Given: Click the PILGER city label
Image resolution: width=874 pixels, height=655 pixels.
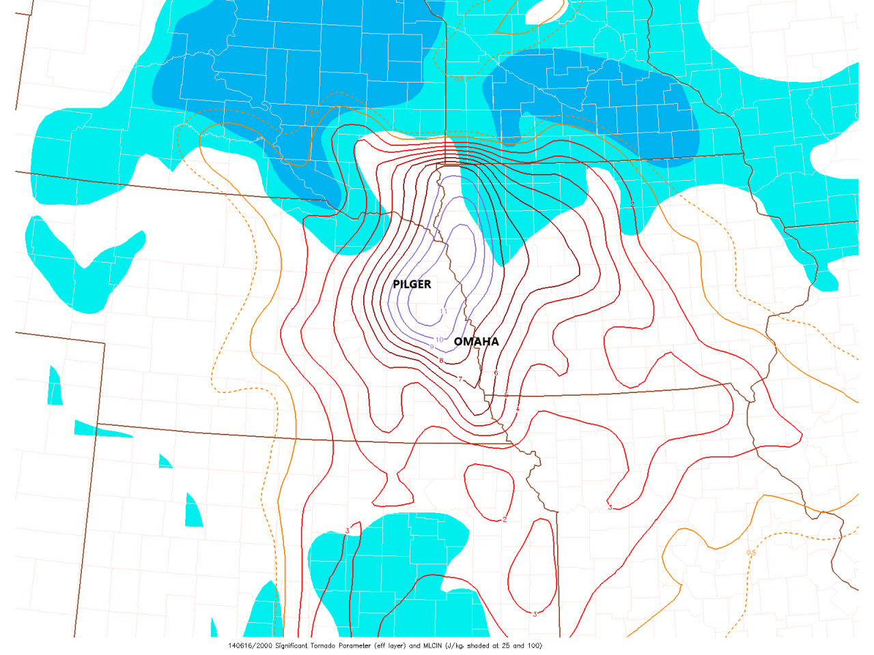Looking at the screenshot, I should (x=412, y=284).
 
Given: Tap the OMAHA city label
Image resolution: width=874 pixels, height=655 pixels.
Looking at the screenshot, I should (x=476, y=341).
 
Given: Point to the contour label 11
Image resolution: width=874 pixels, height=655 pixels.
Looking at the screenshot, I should (x=444, y=312).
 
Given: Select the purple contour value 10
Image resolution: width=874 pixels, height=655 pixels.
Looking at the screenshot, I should (x=439, y=339).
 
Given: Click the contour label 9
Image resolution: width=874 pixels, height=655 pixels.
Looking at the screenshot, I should (x=432, y=347).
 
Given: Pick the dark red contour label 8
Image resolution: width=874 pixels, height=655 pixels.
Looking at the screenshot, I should (x=441, y=360).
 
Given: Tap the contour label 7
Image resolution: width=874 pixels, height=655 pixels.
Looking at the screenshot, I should (x=460, y=379).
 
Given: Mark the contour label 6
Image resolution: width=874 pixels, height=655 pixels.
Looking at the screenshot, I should (x=496, y=373).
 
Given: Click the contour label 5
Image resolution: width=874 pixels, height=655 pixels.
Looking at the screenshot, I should (x=506, y=395).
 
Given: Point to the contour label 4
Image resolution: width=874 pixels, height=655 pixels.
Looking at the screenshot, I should (x=518, y=408).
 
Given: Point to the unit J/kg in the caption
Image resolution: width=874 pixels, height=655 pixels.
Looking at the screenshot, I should (x=455, y=645).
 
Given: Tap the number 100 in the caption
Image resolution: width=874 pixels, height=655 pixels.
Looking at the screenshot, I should (x=534, y=645).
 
